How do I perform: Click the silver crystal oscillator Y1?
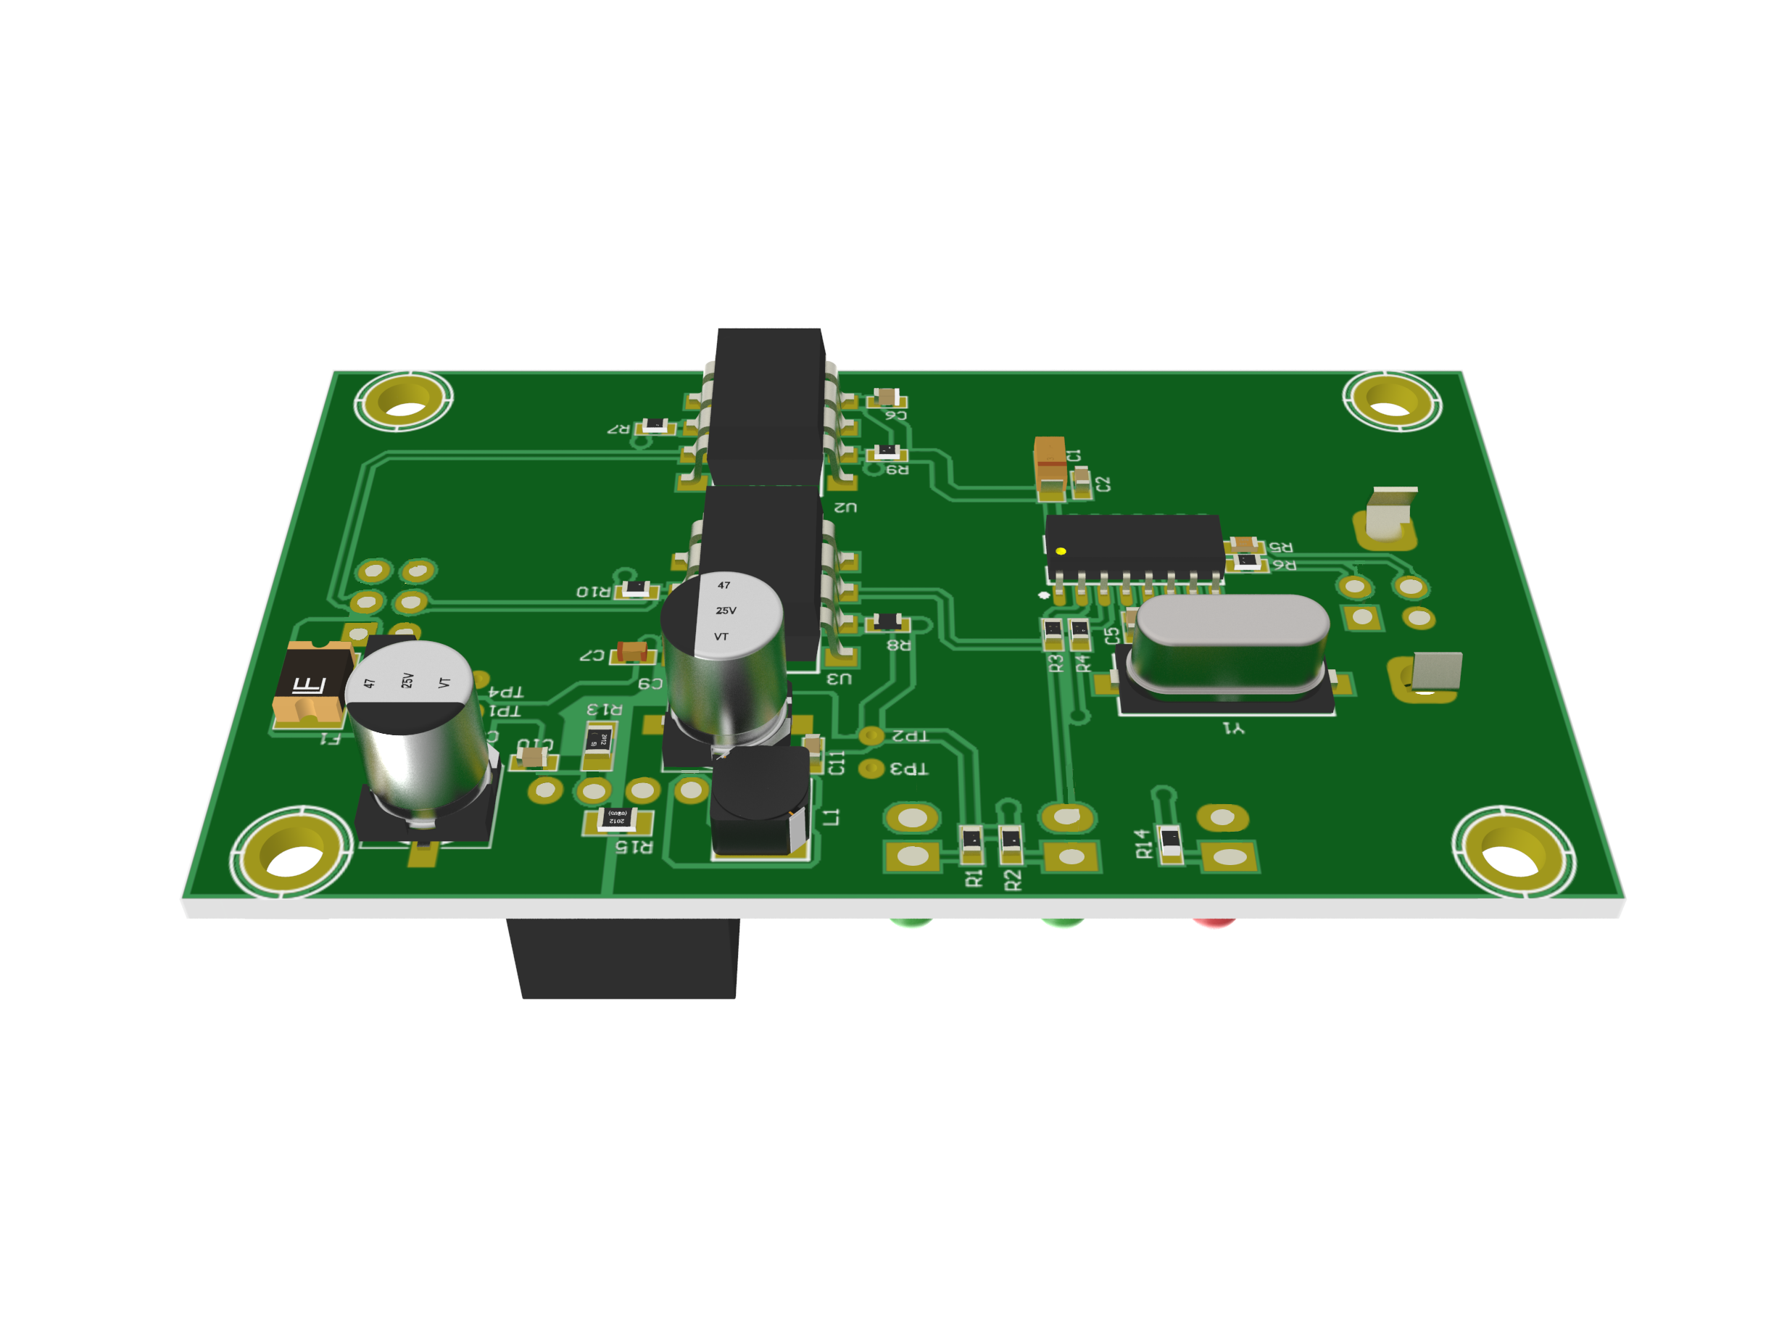pos(1230,645)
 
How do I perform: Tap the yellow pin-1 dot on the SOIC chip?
pos(1061,551)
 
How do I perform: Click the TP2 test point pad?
pos(870,735)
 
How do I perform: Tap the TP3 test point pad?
pos(870,768)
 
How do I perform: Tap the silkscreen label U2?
pos(845,507)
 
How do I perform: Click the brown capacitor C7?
pos(631,650)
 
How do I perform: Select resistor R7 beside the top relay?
pos(655,426)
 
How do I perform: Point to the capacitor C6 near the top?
pos(887,397)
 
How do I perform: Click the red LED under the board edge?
pos(1214,922)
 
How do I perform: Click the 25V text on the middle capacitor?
pos(726,611)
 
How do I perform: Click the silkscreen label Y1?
pos(1234,729)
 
